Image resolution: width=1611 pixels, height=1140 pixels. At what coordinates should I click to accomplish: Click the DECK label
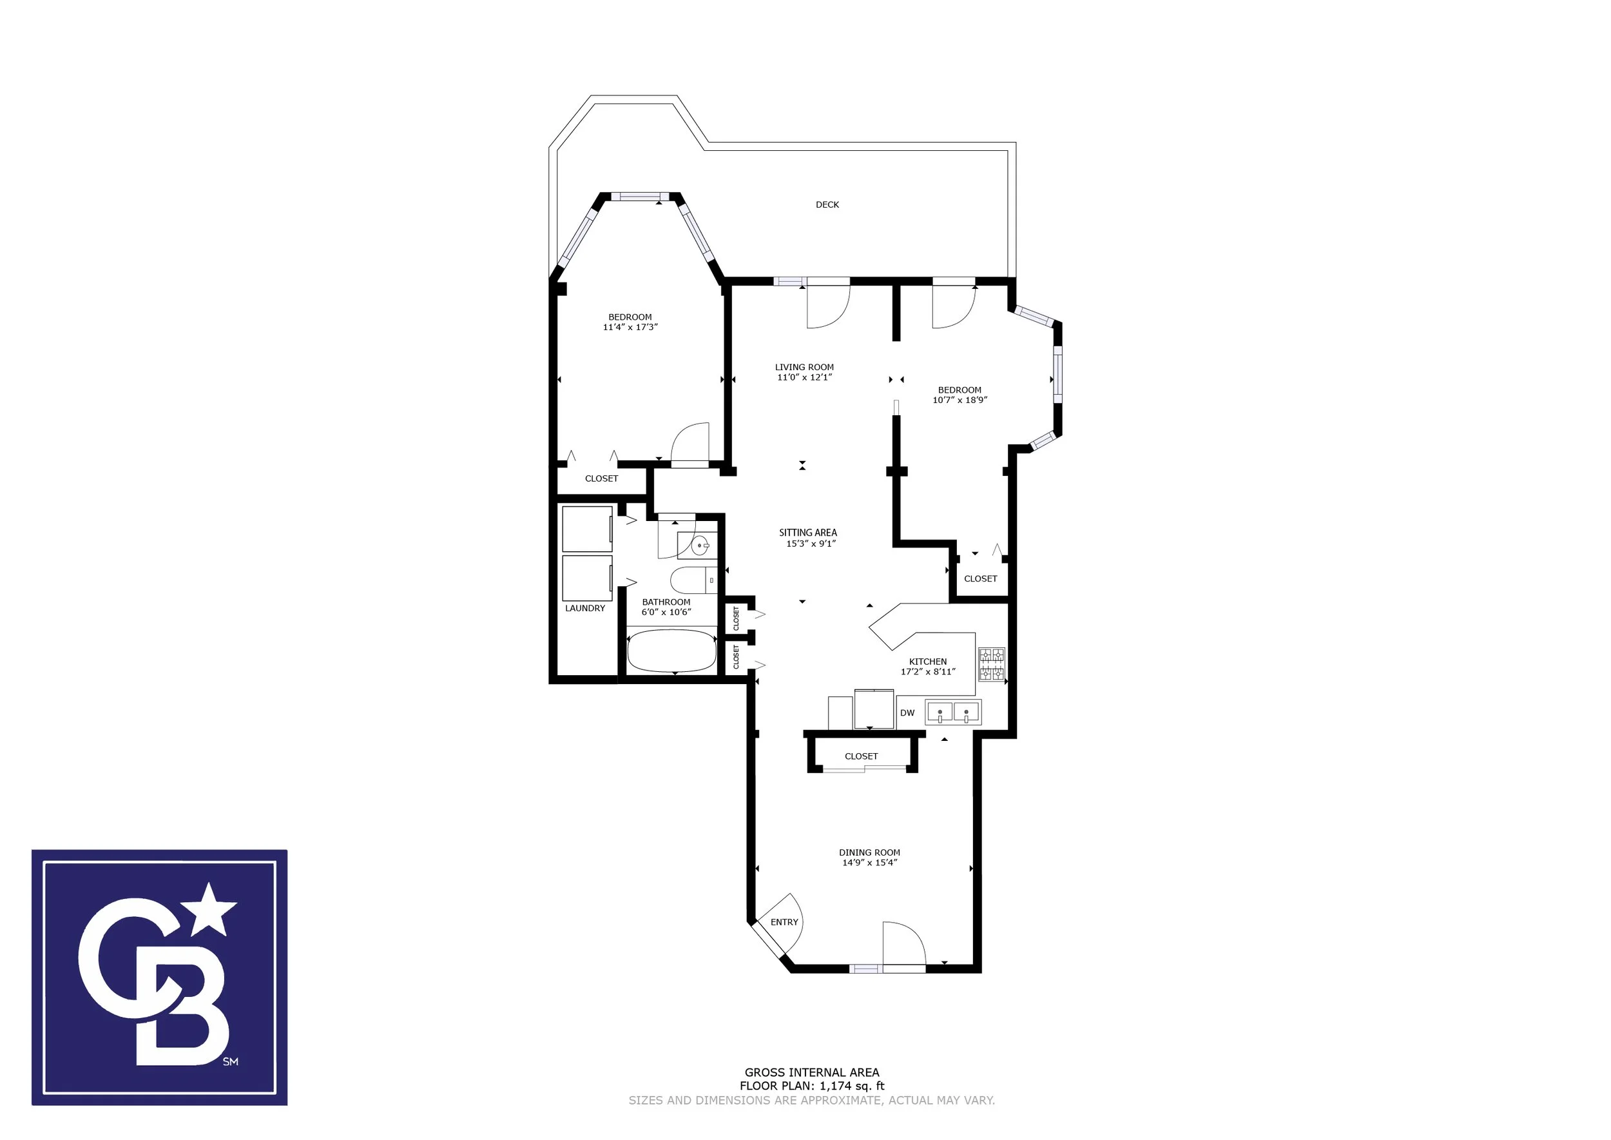827,205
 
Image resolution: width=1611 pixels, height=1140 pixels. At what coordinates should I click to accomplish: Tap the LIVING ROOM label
804,367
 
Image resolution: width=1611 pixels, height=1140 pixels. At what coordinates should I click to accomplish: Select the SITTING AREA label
807,533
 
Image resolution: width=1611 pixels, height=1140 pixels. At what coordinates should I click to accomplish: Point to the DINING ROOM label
869,852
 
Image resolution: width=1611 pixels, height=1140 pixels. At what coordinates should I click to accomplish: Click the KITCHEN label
927,662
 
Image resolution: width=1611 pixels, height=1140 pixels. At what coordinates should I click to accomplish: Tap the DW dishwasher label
907,712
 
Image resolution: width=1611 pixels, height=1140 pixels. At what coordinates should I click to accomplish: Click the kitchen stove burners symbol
992,664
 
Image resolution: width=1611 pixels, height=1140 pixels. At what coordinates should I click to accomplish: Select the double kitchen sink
953,712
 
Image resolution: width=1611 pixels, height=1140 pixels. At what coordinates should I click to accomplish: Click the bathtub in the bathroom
671,651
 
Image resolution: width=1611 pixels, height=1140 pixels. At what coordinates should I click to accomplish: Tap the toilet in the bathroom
693,580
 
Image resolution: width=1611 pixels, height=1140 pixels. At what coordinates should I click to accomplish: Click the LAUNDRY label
584,609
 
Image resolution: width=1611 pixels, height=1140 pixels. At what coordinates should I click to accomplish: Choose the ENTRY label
784,921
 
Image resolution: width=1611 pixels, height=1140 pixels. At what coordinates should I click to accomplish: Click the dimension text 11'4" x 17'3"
630,327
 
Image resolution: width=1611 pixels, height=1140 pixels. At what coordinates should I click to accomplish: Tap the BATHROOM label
666,602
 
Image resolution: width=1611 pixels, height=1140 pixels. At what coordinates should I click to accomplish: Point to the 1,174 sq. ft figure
852,1085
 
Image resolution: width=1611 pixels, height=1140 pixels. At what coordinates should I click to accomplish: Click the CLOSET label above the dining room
861,756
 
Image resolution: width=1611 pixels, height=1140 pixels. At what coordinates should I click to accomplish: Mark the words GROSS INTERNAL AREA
812,1072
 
